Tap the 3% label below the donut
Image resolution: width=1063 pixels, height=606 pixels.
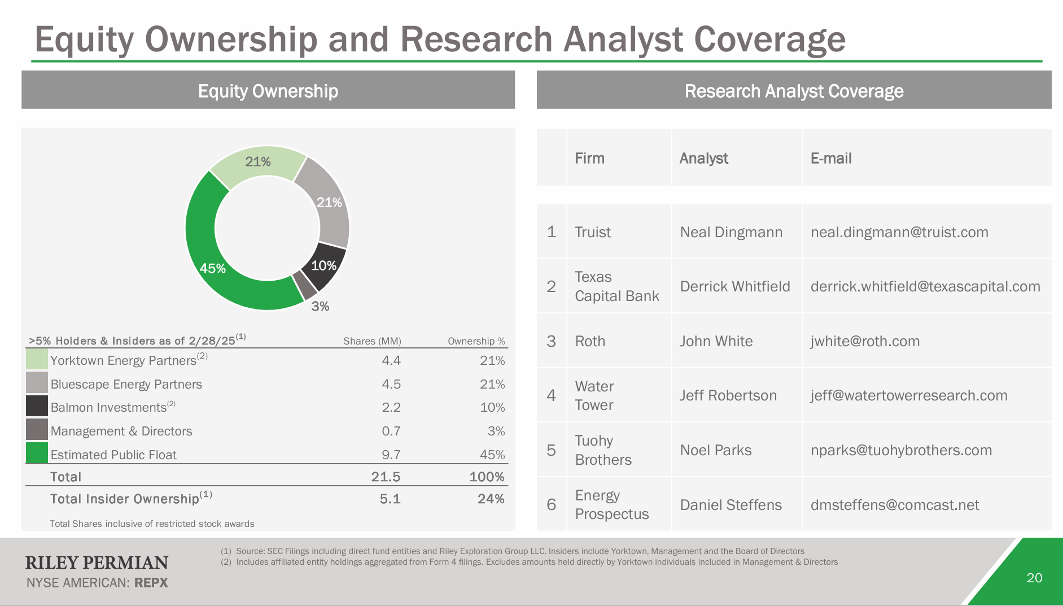(x=320, y=306)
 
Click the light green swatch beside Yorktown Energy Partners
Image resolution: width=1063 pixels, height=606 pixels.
(x=37, y=360)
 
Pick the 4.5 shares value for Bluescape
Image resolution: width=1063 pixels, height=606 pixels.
(x=391, y=384)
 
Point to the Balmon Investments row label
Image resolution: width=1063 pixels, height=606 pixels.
(x=108, y=407)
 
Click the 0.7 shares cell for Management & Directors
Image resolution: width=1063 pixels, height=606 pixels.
(x=391, y=431)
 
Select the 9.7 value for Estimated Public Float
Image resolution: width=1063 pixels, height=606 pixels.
(x=391, y=455)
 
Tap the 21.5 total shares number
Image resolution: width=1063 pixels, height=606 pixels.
(x=386, y=477)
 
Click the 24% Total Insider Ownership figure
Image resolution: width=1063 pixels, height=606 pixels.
(x=491, y=499)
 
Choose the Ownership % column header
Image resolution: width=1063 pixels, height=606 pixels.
(x=476, y=341)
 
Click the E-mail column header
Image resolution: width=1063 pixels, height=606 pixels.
(x=831, y=158)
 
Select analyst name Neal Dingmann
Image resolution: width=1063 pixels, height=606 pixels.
(x=731, y=232)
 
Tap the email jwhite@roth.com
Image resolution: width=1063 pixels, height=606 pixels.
(x=865, y=341)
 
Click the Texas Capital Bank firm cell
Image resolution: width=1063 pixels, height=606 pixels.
(x=616, y=286)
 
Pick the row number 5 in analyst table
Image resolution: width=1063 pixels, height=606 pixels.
(x=552, y=450)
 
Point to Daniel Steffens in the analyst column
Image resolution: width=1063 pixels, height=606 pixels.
(x=730, y=505)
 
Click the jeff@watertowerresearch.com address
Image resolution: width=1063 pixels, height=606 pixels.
(x=909, y=395)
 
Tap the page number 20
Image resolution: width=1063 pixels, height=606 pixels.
(x=1034, y=578)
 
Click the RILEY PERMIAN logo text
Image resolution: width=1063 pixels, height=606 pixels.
(x=97, y=563)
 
